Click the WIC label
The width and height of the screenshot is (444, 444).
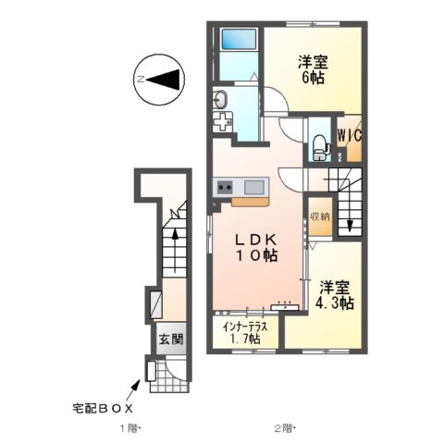click(349, 135)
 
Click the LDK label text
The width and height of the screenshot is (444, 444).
click(253, 239)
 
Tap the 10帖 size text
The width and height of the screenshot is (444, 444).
click(253, 256)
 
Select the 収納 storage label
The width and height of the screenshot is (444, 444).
click(319, 216)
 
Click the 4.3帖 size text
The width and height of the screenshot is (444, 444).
click(333, 302)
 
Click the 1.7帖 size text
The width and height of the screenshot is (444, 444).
click(245, 340)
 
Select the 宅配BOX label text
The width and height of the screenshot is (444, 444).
click(104, 407)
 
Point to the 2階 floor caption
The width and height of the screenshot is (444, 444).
click(282, 428)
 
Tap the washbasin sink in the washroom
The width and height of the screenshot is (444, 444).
click(222, 100)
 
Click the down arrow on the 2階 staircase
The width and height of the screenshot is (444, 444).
click(350, 223)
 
